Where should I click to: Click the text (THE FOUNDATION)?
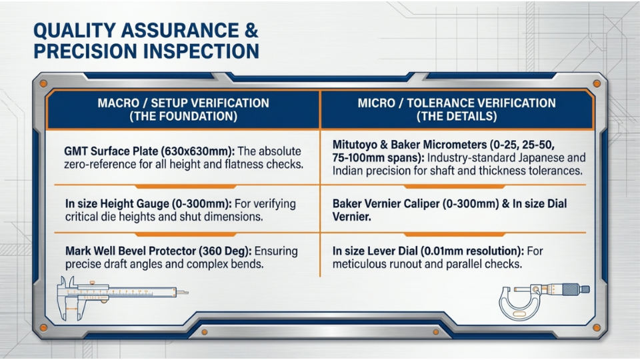183,116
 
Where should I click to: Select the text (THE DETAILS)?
457,116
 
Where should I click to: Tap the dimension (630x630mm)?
198,151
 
